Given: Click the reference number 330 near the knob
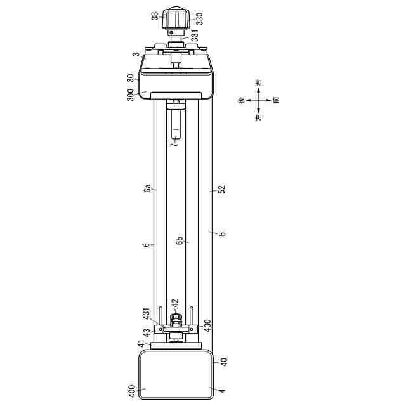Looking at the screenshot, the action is point(199,18).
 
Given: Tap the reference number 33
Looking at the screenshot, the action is point(155,16).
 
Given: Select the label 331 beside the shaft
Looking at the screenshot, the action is point(195,36).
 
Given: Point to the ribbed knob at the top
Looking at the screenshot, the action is point(176,18).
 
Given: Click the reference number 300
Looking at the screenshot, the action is point(131,95).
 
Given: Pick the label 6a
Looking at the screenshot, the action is point(148,188).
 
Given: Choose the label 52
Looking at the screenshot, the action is point(222,190).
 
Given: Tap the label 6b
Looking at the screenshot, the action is point(180,241).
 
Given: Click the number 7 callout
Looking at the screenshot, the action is point(174,144).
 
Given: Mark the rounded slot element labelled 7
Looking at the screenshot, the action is point(176,124).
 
